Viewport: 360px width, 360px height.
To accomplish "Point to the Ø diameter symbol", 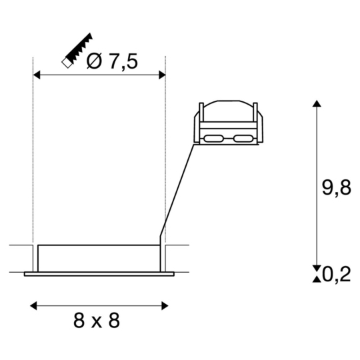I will click(95, 61).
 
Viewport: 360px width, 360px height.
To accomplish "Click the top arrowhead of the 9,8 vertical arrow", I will click(316, 105).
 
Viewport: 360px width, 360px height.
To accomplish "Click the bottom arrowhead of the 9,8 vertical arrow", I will click(316, 265).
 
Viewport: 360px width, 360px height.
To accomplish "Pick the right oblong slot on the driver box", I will click(241, 139).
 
